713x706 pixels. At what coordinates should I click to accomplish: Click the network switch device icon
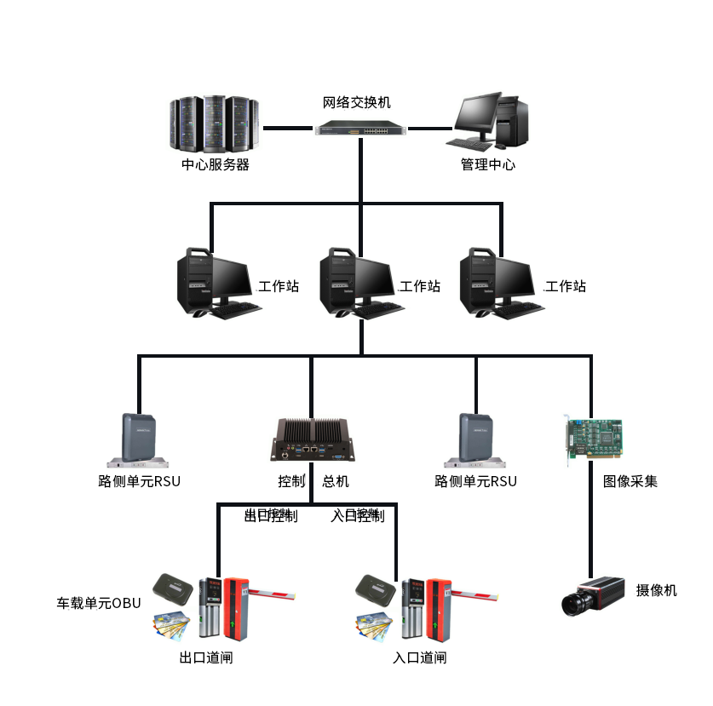(360, 129)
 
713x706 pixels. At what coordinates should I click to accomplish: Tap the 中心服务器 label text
(216, 165)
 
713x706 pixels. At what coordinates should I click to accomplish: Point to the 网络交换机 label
(357, 103)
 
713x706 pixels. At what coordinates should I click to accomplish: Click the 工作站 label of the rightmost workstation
(566, 286)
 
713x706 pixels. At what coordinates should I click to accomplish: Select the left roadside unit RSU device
(138, 440)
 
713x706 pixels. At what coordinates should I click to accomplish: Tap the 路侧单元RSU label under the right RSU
(475, 481)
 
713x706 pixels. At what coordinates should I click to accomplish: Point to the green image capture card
(593, 440)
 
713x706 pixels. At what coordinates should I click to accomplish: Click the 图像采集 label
(630, 481)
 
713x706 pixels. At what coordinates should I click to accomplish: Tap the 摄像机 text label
(656, 590)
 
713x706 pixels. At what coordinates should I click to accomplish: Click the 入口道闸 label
(419, 657)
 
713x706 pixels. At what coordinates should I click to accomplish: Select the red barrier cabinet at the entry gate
(439, 608)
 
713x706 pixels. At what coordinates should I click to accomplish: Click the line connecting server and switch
(287, 129)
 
